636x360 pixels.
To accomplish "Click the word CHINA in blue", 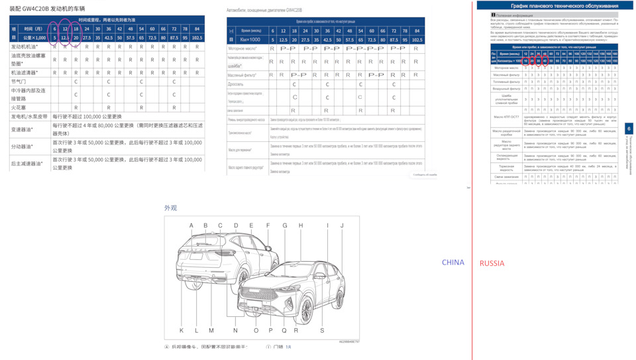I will [x=453, y=263].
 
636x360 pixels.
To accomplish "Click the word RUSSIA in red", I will [x=492, y=263].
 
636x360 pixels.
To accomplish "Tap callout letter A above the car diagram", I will [x=191, y=225].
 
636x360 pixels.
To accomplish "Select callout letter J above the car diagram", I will [x=342, y=225].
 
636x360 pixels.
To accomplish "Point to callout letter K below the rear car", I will [x=182, y=330].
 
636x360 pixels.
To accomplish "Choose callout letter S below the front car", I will [x=322, y=330].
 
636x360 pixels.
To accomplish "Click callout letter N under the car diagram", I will [x=235, y=330].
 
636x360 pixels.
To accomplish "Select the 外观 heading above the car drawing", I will [x=171, y=208].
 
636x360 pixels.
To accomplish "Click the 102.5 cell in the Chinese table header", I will [x=197, y=38].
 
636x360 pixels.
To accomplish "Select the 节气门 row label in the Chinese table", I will [x=19, y=82].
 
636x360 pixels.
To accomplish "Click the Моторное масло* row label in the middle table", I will [x=243, y=48].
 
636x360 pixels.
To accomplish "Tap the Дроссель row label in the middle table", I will [x=236, y=85].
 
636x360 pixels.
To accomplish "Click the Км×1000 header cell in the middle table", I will [x=250, y=40].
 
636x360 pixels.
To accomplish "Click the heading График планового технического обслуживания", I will [x=555, y=5].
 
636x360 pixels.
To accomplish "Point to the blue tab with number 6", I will [x=629, y=129].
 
